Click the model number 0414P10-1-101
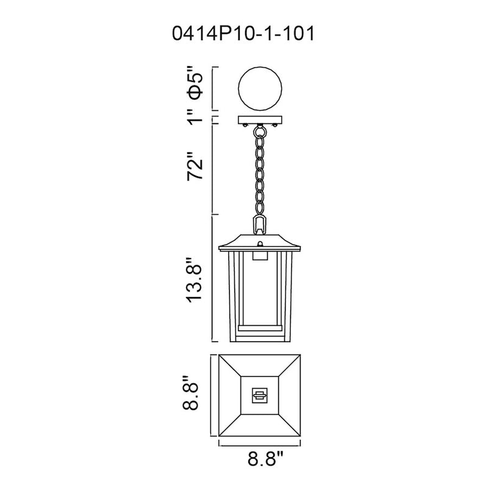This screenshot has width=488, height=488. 243,34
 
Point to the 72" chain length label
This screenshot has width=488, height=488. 195,165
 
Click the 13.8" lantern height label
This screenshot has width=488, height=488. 195,279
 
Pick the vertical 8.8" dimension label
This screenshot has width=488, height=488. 190,392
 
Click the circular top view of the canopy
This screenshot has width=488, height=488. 260,88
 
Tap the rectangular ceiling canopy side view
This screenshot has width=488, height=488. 260,120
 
